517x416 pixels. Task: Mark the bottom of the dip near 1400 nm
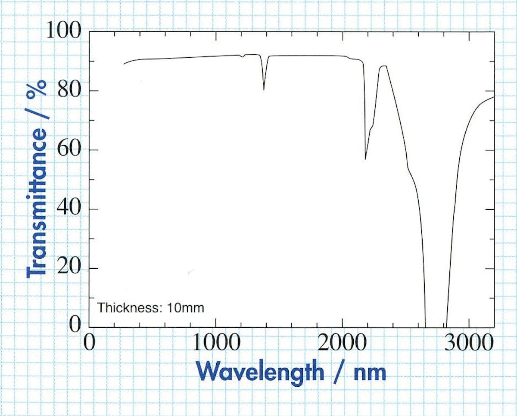pyautogui.click(x=264, y=90)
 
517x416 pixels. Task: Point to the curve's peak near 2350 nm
pyautogui.click(x=383, y=66)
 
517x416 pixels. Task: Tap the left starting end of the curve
pyautogui.click(x=124, y=64)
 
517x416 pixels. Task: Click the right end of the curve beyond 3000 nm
pyautogui.click(x=494, y=96)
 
